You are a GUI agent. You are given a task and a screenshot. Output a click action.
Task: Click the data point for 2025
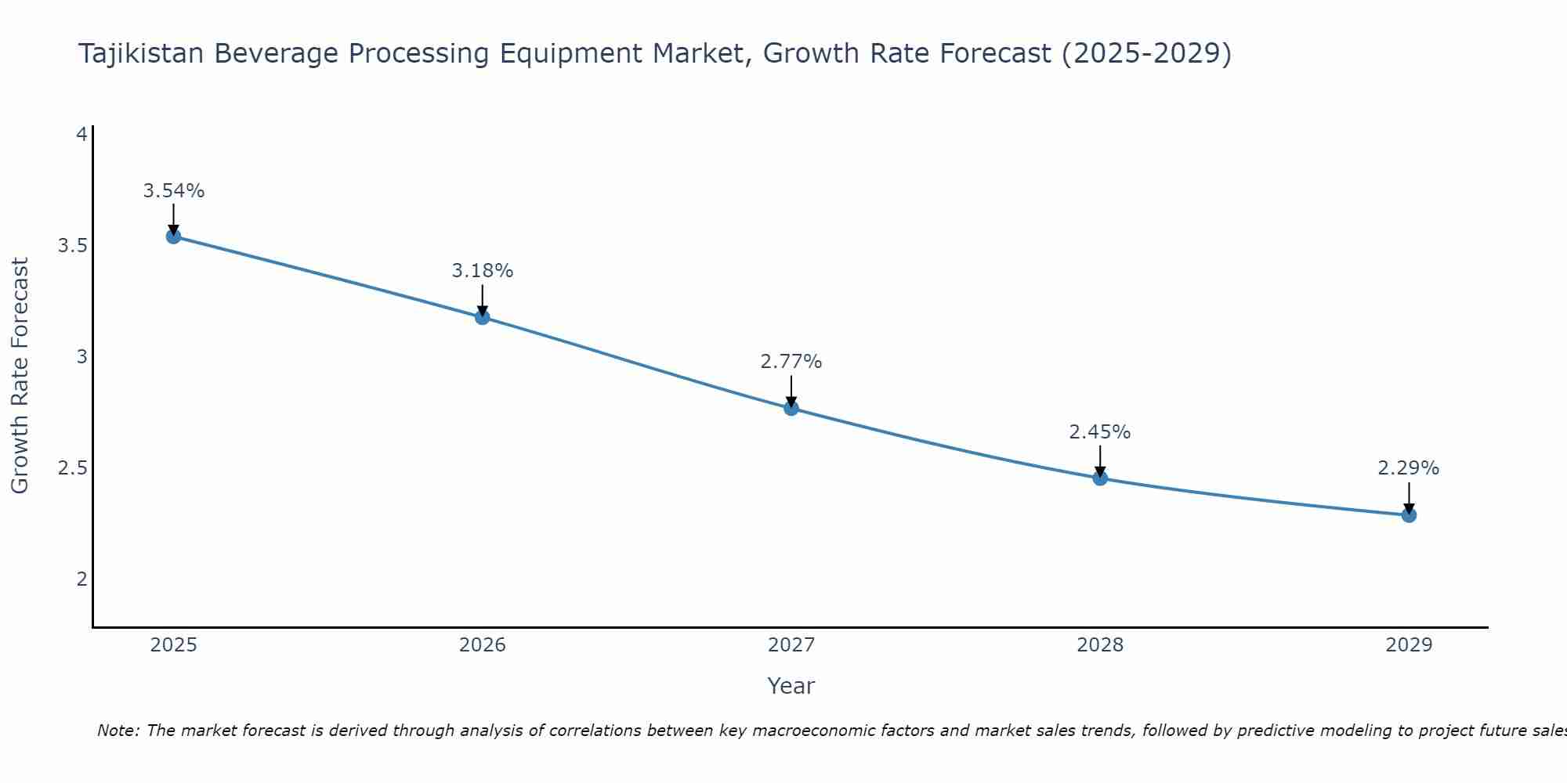[173, 236]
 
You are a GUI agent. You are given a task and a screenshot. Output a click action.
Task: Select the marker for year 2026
[482, 317]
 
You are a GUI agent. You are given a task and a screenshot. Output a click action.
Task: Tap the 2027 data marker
[791, 408]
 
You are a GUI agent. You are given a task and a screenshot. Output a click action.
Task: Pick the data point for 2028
[1099, 478]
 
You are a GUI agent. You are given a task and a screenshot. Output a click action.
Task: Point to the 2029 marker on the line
[1408, 515]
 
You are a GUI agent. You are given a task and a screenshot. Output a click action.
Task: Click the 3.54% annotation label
[173, 191]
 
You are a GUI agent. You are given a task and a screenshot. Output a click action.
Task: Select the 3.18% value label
[482, 271]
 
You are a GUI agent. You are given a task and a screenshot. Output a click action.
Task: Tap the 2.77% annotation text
[791, 362]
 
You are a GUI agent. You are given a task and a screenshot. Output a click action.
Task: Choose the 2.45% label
[1099, 432]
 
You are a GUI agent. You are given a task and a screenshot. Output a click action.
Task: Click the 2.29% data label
[1408, 468]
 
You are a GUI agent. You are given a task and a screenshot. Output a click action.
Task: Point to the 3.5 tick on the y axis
[72, 246]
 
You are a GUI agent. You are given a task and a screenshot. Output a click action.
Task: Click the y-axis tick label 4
[81, 135]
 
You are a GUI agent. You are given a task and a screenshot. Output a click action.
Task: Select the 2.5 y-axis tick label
[72, 468]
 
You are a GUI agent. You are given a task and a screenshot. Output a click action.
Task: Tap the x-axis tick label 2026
[482, 645]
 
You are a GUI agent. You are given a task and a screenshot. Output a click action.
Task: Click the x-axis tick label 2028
[1099, 645]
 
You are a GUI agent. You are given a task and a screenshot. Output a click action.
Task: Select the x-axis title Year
[791, 686]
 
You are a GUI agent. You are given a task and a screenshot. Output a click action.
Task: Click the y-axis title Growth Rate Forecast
[20, 376]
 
